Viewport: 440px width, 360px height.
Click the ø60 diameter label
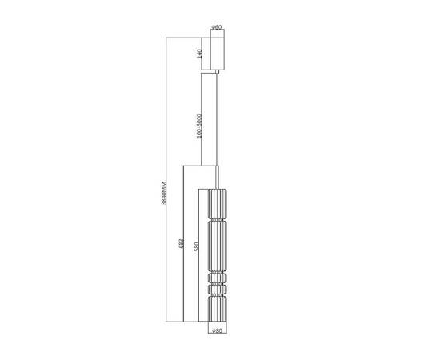point(216,28)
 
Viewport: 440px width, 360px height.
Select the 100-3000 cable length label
point(199,126)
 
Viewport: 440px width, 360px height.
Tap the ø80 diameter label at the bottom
point(217,330)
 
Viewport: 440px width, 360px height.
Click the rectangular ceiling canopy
point(216,53)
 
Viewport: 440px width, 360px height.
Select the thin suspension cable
point(218,120)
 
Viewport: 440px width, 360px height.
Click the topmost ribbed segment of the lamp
point(218,205)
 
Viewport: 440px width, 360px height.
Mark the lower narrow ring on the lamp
point(218,289)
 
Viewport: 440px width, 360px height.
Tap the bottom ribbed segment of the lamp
point(218,309)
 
